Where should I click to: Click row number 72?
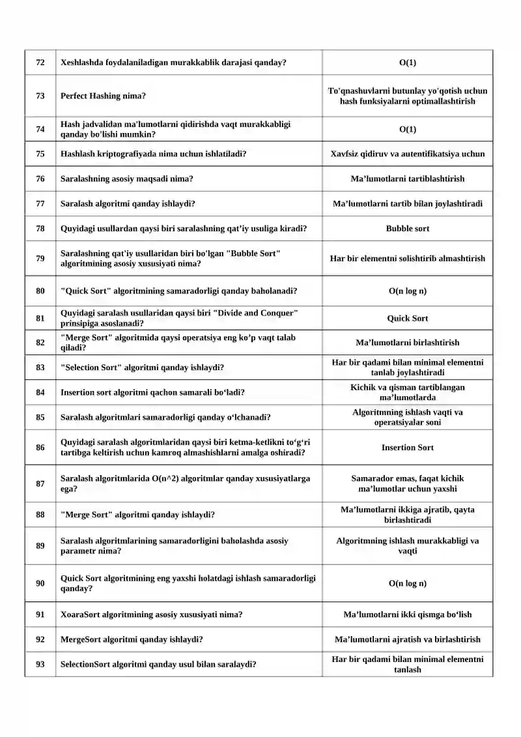click(x=40, y=63)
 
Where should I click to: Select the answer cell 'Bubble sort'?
click(x=408, y=229)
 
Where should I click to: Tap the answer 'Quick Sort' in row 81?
click(x=408, y=319)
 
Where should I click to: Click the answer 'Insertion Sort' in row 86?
click(x=408, y=448)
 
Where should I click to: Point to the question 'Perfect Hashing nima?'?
click(x=103, y=96)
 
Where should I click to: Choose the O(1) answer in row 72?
click(x=408, y=63)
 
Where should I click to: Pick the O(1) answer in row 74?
click(x=408, y=129)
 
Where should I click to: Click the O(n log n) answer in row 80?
click(x=408, y=291)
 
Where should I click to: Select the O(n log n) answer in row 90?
click(x=408, y=583)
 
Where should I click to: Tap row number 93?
click(x=40, y=664)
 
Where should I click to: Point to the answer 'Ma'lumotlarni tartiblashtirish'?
click(x=408, y=179)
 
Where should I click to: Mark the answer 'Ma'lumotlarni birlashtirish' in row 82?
click(x=408, y=343)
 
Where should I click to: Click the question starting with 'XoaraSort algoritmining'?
click(x=151, y=614)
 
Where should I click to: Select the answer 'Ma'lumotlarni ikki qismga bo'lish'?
click(x=408, y=614)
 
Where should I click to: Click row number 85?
click(x=40, y=417)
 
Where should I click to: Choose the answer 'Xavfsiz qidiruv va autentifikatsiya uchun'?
click(x=408, y=154)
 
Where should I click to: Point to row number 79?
click(x=40, y=258)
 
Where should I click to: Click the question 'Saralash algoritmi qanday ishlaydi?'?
click(x=128, y=203)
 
